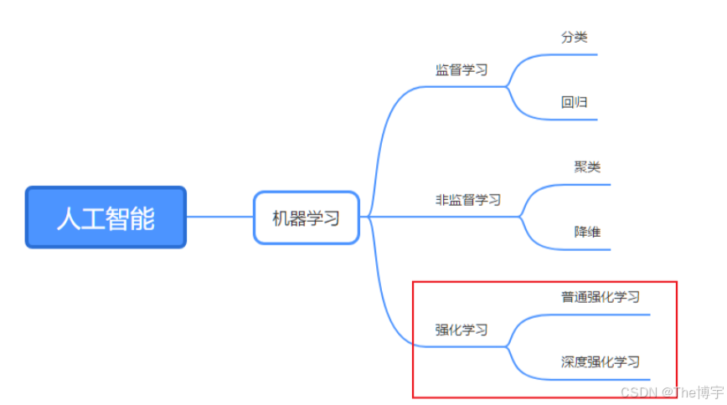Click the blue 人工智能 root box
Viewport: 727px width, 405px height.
106,218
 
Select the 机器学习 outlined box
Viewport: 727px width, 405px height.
307,218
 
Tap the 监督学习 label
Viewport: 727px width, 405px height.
461,70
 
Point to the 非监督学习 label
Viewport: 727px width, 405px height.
467,200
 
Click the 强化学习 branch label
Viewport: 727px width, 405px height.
461,330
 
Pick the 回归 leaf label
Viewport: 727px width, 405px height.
574,103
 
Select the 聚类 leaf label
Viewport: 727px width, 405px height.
587,167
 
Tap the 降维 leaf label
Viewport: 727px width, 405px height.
587,233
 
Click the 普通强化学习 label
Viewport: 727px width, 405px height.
601,297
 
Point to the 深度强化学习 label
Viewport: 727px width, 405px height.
601,362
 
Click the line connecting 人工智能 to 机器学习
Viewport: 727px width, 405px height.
219,217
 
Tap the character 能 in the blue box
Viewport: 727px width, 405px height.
143,218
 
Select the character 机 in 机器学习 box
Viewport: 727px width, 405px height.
281,218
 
